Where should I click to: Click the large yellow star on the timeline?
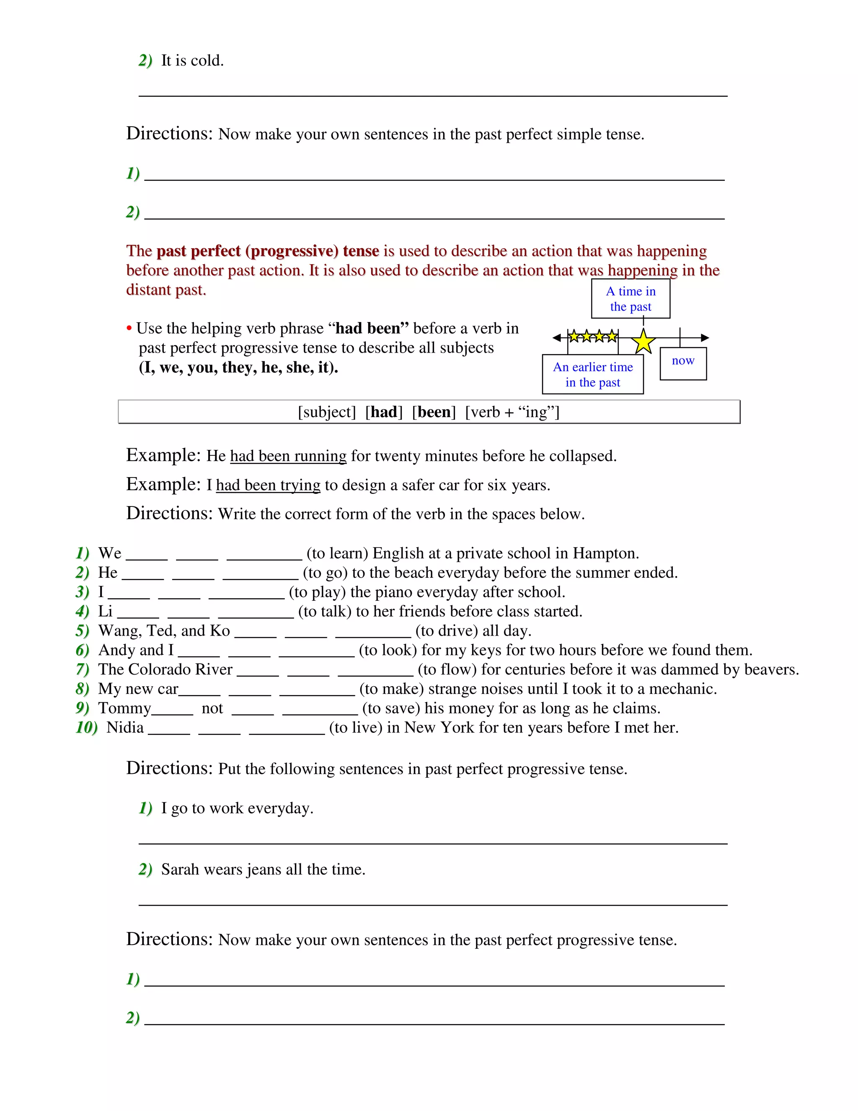click(x=643, y=341)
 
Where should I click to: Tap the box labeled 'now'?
click(x=682, y=363)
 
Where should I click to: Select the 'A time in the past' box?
click(x=630, y=299)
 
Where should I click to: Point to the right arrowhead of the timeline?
click(x=705, y=337)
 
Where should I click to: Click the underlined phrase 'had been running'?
click(x=288, y=456)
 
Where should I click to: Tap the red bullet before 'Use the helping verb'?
click(x=129, y=329)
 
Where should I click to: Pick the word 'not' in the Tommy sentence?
click(x=212, y=708)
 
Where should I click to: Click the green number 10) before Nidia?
click(x=86, y=727)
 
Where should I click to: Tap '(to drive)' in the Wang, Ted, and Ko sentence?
click(x=446, y=631)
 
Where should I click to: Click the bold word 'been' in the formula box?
click(x=434, y=412)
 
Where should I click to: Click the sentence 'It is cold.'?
click(x=192, y=60)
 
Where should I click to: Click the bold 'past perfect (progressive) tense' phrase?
click(x=267, y=251)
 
